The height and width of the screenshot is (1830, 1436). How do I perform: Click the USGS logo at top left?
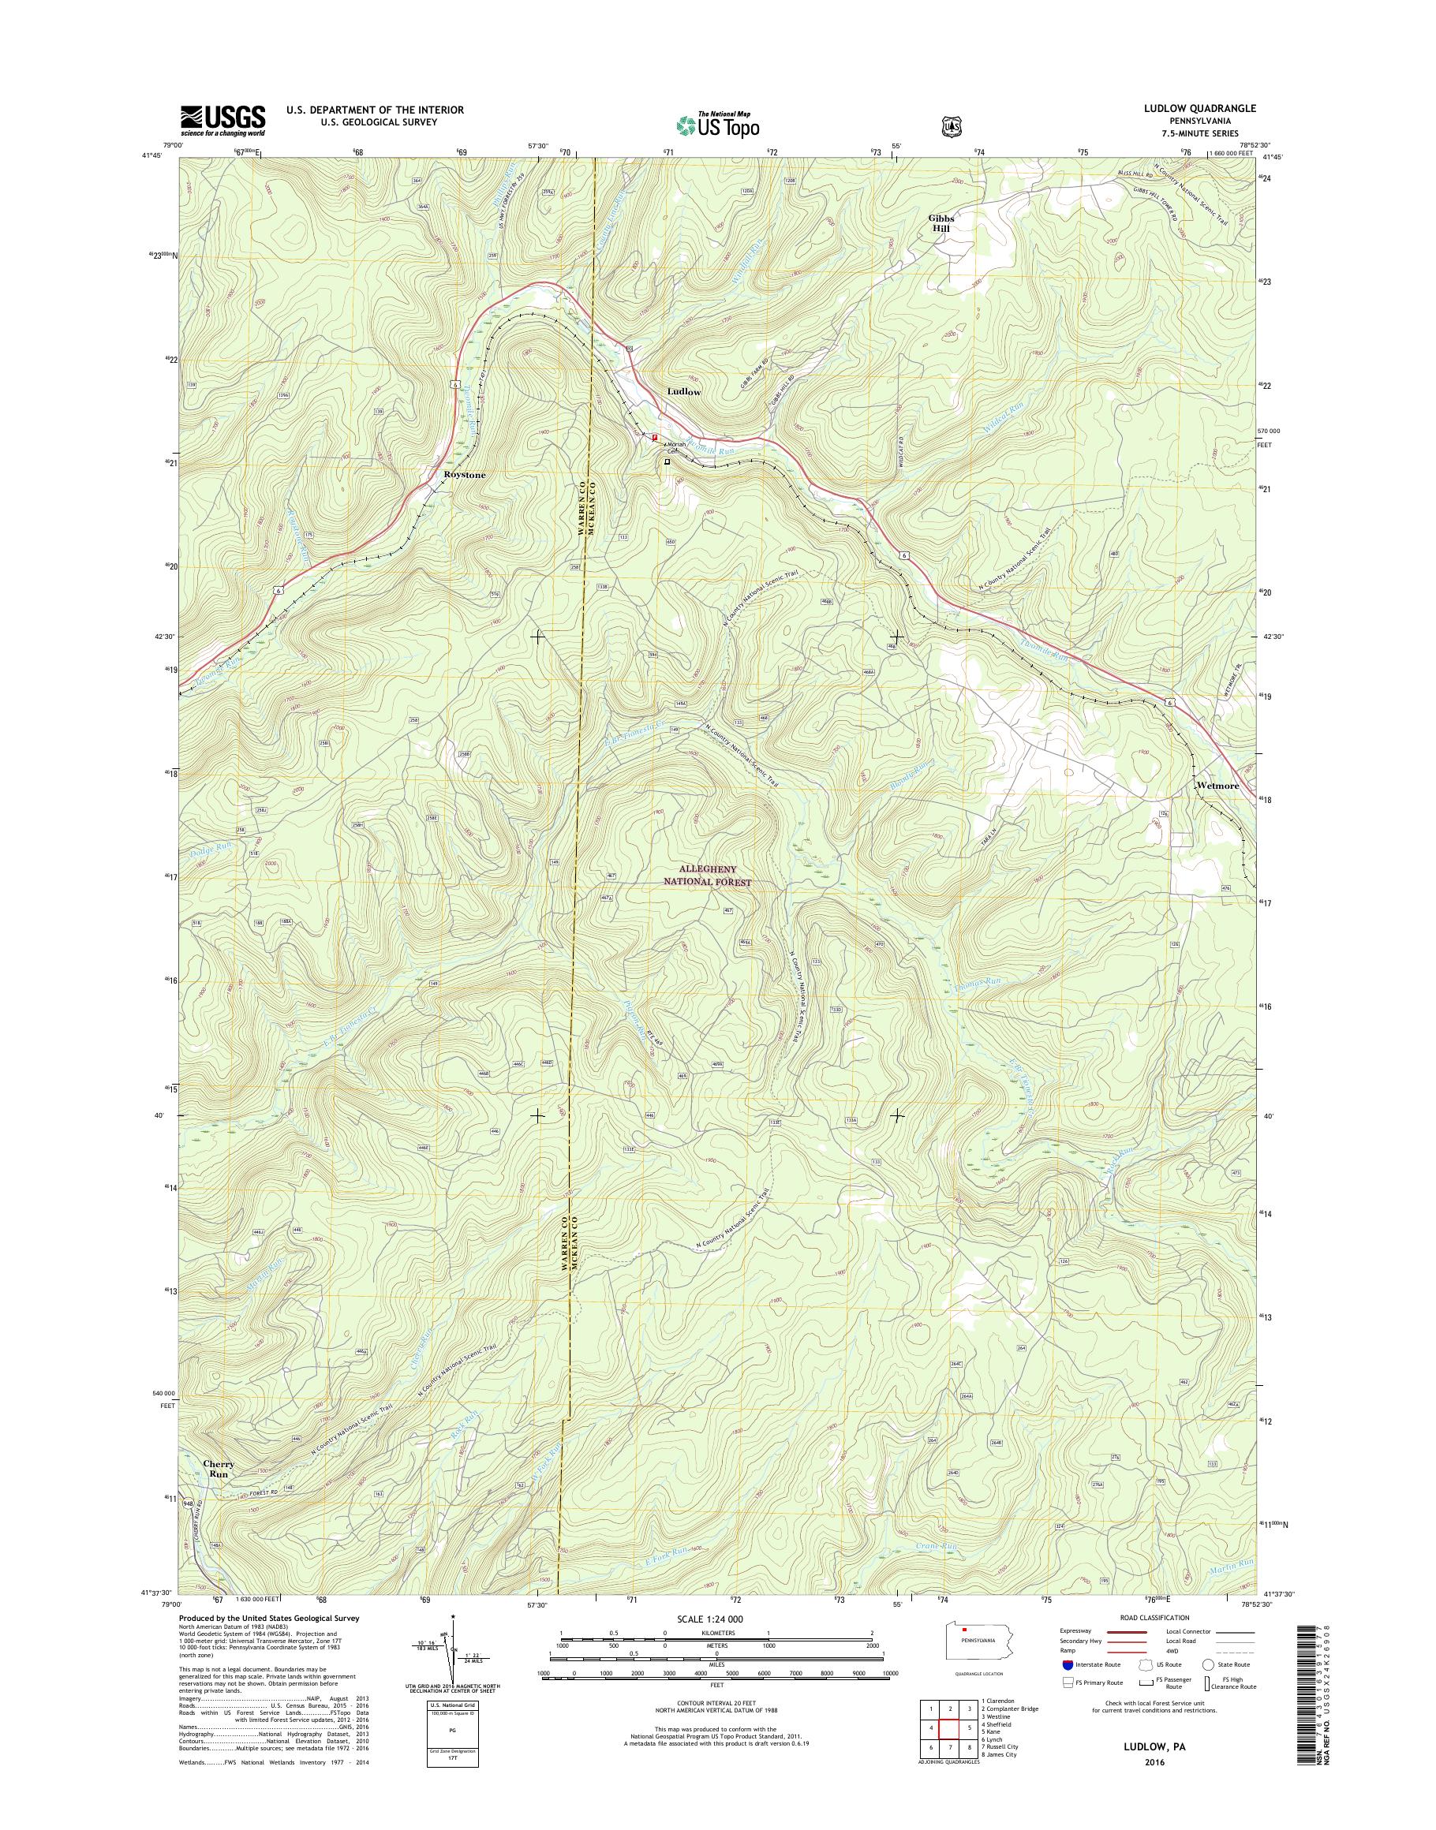[x=223, y=120]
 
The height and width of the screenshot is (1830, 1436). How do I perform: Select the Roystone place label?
[x=464, y=475]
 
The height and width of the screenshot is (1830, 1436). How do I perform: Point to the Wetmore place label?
[x=1217, y=786]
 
